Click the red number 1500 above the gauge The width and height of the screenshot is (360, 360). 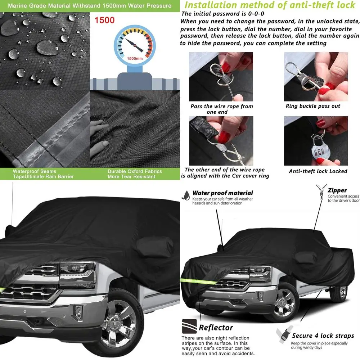pos(104,20)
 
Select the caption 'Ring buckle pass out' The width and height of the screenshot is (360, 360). pos(313,106)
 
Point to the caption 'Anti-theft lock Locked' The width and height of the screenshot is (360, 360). pos(318,171)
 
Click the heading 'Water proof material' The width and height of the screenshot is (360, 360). pos(222,193)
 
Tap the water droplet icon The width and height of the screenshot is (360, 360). pos(186,195)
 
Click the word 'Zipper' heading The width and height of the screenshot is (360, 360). pos(337,190)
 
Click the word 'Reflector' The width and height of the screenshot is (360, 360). pos(216,328)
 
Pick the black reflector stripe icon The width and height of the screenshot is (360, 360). pos(189,326)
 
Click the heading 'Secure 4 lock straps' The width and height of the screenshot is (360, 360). pos(323,336)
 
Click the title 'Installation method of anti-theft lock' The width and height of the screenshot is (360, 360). pos(270,5)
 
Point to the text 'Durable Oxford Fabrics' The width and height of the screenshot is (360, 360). pos(135,171)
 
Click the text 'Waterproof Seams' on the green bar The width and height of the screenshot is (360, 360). pos(35,171)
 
